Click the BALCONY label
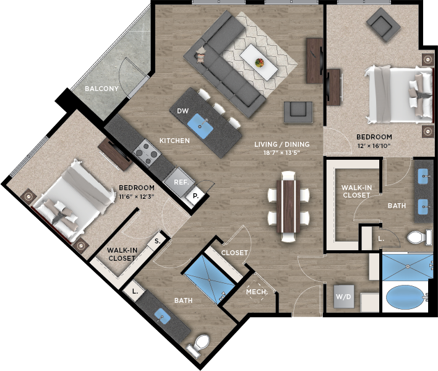tap(101, 89)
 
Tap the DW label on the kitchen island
tap(182, 111)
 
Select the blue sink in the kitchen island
tap(200, 126)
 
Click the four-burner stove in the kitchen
tap(147, 152)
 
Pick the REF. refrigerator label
tap(181, 182)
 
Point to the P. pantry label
tap(195, 196)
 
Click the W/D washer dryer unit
tap(343, 296)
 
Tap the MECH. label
tap(256, 292)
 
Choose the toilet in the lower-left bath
tap(199, 345)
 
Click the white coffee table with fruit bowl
tap(259, 62)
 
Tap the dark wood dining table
tap(288, 206)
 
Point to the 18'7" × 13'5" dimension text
tap(281, 152)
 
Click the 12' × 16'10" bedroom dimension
tap(374, 146)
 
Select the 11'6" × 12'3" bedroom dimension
tap(137, 196)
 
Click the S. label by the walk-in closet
tap(158, 241)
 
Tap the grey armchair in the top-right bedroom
tap(384, 25)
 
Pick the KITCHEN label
tap(174, 141)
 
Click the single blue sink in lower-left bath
tap(162, 316)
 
